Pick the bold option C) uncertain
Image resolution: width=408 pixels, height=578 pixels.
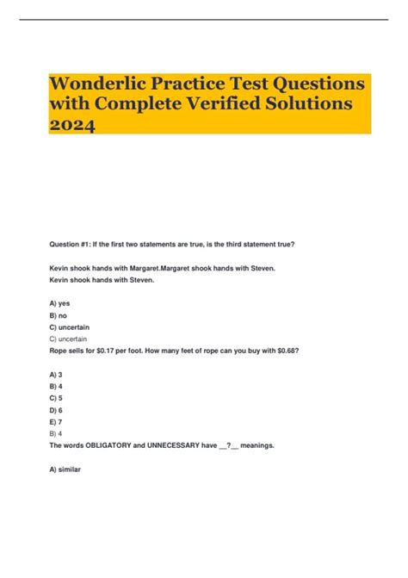(70, 328)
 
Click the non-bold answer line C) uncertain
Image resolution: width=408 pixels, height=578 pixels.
(69, 340)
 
